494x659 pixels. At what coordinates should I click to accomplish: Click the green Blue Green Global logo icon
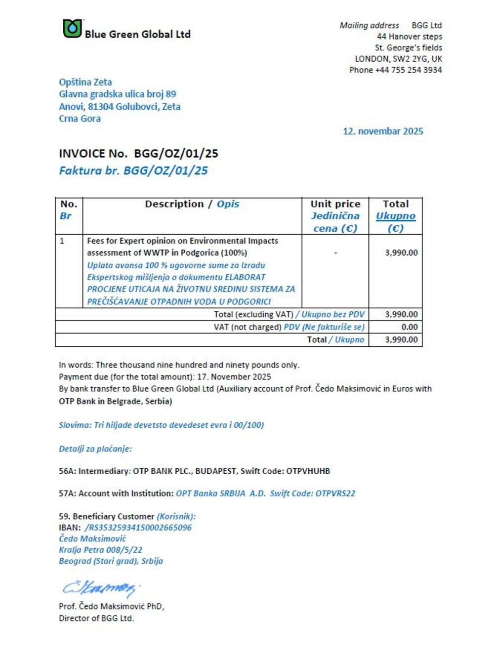pos(72,29)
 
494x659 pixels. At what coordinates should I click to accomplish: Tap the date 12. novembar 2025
pos(383,131)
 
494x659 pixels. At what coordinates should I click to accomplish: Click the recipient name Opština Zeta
pos(85,82)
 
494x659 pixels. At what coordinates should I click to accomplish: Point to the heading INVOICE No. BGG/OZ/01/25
pos(138,154)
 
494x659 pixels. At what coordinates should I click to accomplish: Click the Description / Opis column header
pos(192,204)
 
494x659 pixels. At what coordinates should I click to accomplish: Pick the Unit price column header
pos(335,204)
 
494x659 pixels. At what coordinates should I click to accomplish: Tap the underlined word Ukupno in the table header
pos(395,216)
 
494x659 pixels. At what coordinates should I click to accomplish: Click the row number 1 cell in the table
pos(62,241)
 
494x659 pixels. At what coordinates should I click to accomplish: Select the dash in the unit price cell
pos(335,253)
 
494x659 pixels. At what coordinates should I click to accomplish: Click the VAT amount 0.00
pos(409,327)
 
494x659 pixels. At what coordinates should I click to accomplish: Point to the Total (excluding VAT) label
pos(253,315)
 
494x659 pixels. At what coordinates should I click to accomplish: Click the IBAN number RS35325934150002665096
pos(140,528)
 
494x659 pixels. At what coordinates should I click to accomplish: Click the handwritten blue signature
pos(99,588)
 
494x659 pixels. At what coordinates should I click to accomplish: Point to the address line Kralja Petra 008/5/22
pos(101,550)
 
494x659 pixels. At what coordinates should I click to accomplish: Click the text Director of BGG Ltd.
pos(96,618)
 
